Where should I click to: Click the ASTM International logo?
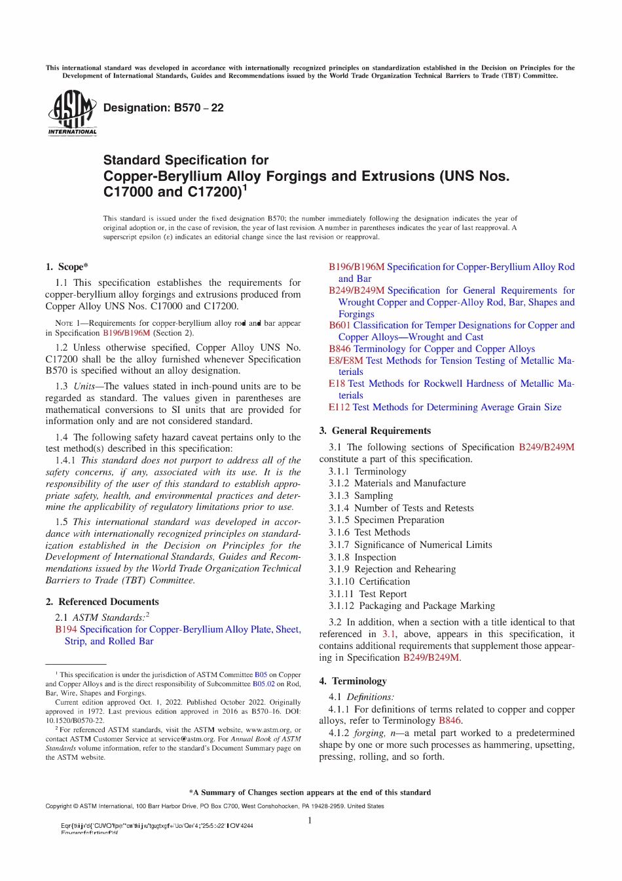[x=72, y=112]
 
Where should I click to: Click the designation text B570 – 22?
[x=163, y=108]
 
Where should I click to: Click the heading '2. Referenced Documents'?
[x=102, y=602]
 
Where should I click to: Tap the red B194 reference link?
[x=65, y=629]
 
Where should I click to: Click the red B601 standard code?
[x=339, y=325]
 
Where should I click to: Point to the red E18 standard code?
[x=337, y=383]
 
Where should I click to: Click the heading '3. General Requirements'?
[x=375, y=431]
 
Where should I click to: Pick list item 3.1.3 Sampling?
[x=361, y=496]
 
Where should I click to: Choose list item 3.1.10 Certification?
[x=369, y=581]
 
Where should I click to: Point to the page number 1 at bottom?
[x=310, y=821]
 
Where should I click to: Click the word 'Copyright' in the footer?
[x=58, y=806]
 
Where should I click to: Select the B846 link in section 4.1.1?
[x=450, y=720]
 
